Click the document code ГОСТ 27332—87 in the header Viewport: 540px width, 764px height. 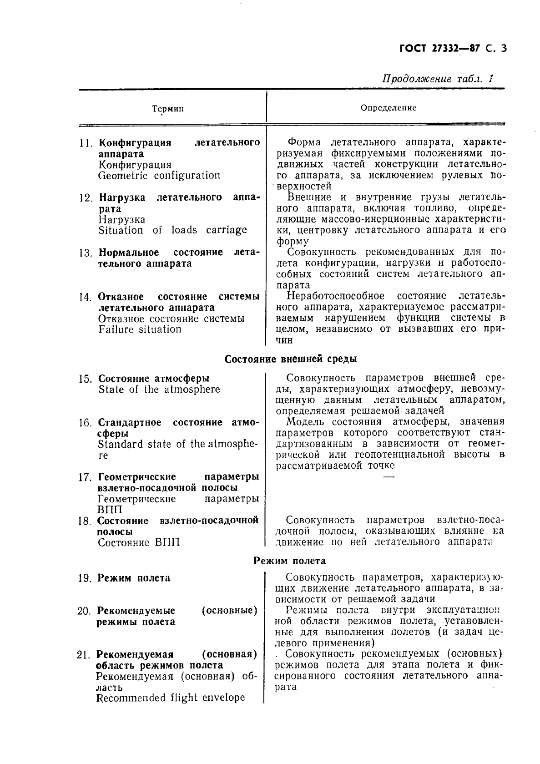point(437,49)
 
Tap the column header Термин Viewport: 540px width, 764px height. point(168,109)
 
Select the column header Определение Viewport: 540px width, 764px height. point(388,108)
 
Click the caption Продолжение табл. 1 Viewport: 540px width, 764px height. point(438,78)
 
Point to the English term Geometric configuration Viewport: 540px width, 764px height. point(159,176)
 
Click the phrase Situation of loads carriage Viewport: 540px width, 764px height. point(172,230)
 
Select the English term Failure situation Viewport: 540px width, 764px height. point(140,329)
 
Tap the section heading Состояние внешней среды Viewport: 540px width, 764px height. point(291,359)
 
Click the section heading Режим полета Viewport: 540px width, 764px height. point(289,561)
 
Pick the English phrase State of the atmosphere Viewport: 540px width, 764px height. point(159,390)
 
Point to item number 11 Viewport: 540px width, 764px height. point(86,143)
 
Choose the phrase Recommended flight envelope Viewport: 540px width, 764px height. point(171,698)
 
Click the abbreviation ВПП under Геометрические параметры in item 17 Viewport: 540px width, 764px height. point(110,510)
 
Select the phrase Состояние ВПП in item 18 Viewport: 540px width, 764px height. point(139,542)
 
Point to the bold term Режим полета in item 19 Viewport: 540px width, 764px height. point(134,578)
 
